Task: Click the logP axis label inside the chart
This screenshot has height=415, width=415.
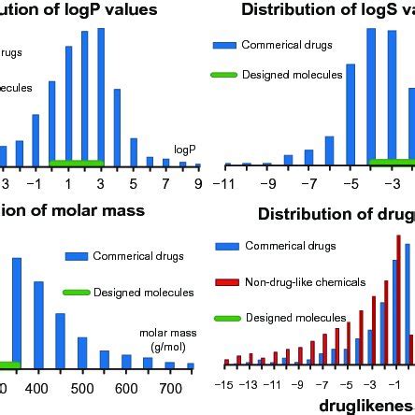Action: [x=185, y=122]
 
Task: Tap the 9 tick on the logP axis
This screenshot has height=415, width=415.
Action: [x=198, y=157]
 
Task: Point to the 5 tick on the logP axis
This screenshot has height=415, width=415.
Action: [x=133, y=157]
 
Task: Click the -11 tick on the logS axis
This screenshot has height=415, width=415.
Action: [x=224, y=157]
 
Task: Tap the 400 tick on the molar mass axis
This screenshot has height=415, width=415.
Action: [x=36, y=388]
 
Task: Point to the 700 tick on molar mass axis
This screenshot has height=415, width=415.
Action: [x=170, y=388]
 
